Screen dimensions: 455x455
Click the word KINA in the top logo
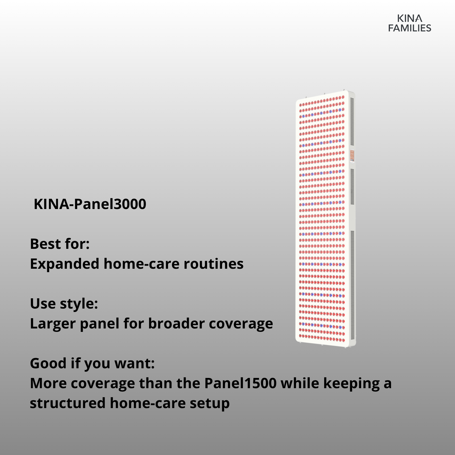click(x=409, y=18)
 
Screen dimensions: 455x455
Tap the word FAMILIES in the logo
click(x=410, y=28)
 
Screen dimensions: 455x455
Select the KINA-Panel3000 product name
click(x=90, y=204)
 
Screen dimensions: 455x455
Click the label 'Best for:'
click(x=60, y=244)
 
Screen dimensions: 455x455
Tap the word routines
click(x=214, y=264)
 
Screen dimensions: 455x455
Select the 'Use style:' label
click(x=64, y=304)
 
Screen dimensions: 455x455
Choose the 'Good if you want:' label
click(x=92, y=363)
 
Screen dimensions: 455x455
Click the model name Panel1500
click(x=241, y=383)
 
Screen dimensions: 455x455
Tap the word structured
click(x=68, y=403)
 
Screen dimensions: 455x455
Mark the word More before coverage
click(x=48, y=383)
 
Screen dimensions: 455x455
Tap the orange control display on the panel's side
click(x=352, y=155)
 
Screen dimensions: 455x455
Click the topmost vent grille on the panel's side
click(x=352, y=122)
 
